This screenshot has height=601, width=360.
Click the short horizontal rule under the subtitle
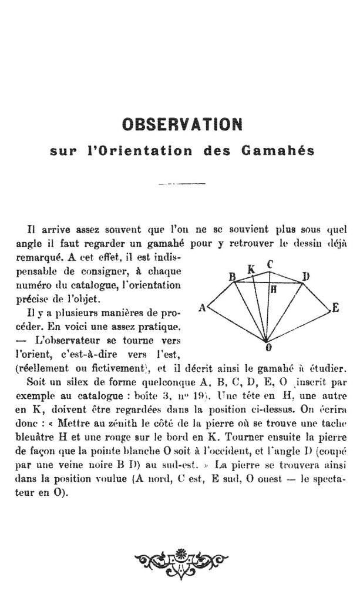coord(180,184)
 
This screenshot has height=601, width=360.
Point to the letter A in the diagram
coord(202,307)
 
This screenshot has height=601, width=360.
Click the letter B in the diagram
coord(232,276)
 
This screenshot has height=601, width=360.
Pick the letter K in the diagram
coord(251,270)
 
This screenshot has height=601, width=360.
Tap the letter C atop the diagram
coord(270,264)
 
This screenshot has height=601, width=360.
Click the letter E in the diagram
coord(335,307)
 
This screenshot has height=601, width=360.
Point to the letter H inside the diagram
coord(273,289)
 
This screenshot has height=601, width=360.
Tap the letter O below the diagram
coord(268,347)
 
